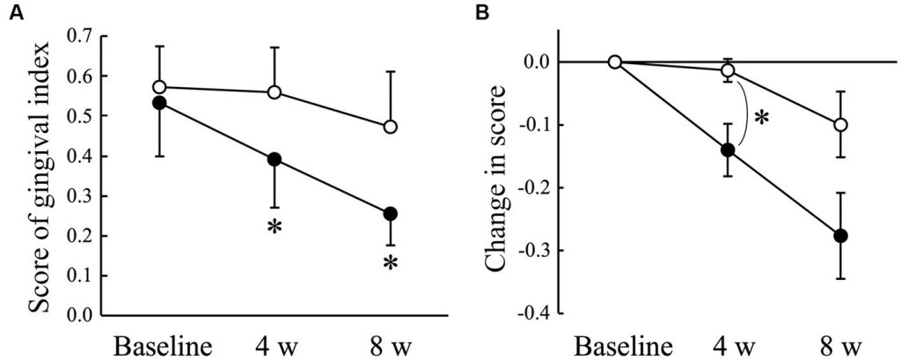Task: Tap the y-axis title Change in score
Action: point(504,181)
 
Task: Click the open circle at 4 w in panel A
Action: point(274,92)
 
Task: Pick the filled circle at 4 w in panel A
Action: point(274,159)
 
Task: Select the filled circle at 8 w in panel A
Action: point(391,214)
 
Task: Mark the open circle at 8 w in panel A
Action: point(391,127)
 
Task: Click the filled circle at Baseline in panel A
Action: point(159,103)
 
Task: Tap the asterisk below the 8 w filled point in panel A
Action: point(391,262)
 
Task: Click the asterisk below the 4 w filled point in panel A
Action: point(274,227)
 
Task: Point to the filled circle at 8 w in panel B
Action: point(840,236)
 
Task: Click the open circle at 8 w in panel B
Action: point(840,125)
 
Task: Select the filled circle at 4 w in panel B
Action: point(728,150)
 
